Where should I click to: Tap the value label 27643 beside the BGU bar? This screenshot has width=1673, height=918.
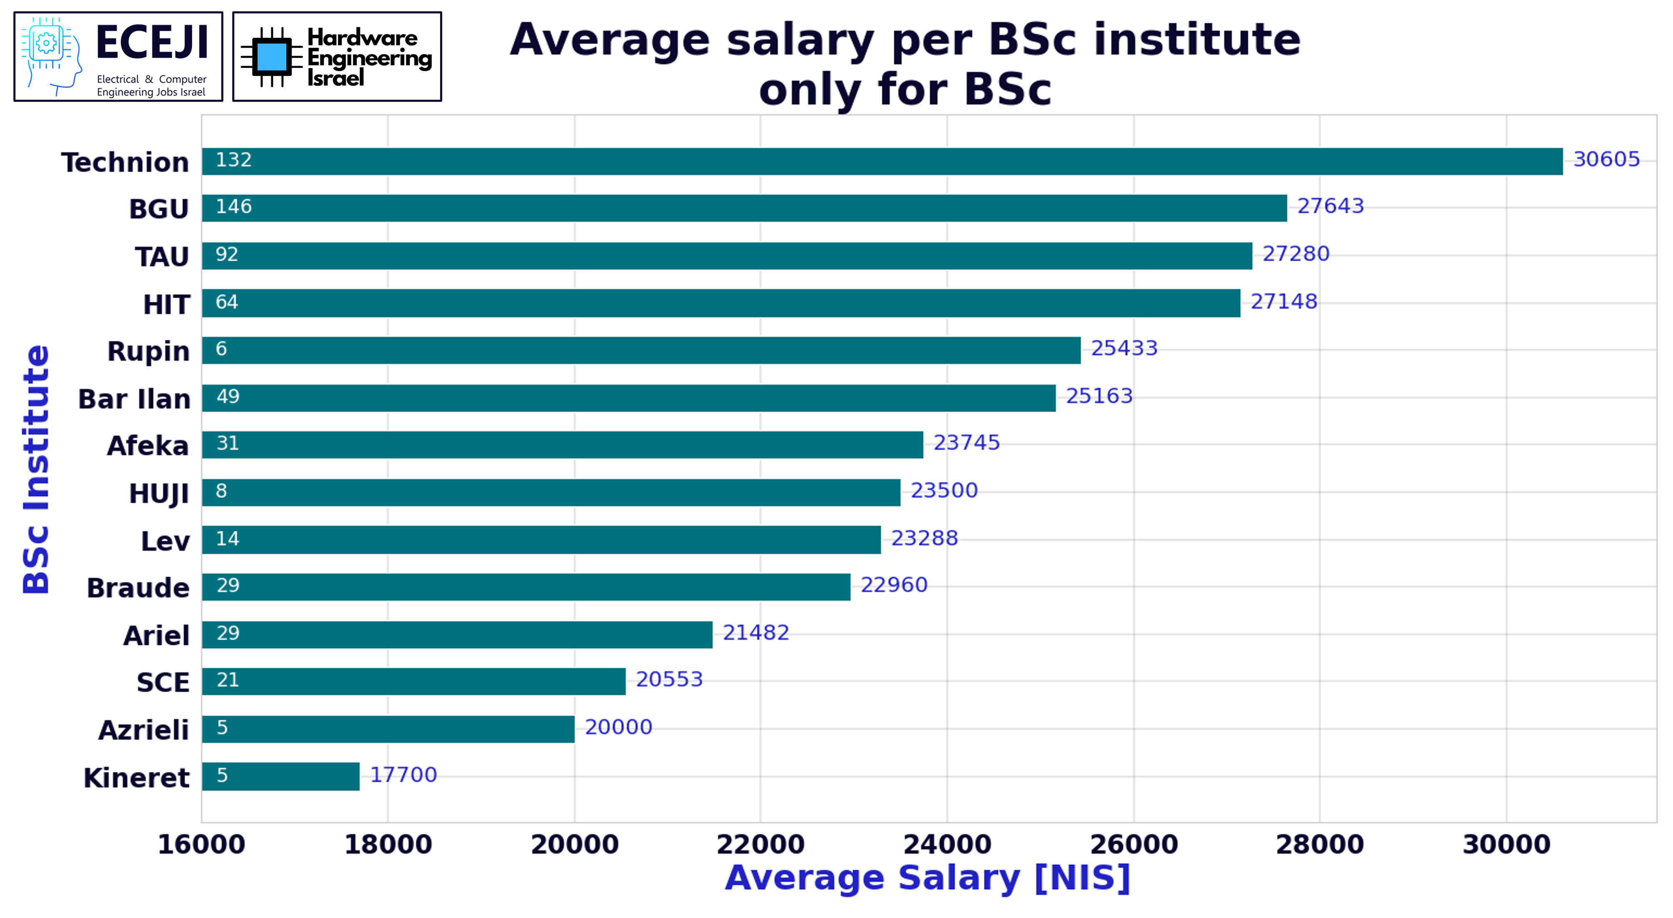1330,206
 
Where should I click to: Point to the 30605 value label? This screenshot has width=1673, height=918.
1606,159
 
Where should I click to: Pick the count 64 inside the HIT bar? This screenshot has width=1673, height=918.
227,302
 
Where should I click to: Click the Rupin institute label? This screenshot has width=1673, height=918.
148,351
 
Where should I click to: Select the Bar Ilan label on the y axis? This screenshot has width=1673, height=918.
134,398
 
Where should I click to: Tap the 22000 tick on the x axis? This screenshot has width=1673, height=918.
761,844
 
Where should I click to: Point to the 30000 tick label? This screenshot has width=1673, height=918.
1506,844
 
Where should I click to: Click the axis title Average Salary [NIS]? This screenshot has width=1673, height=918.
927,878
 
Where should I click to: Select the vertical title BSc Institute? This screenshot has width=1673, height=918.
36,469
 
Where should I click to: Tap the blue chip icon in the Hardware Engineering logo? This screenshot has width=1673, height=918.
271,57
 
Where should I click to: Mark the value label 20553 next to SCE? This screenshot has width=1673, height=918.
669,679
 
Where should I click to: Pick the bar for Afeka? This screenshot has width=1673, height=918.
562,445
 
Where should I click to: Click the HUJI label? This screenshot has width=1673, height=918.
159,493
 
